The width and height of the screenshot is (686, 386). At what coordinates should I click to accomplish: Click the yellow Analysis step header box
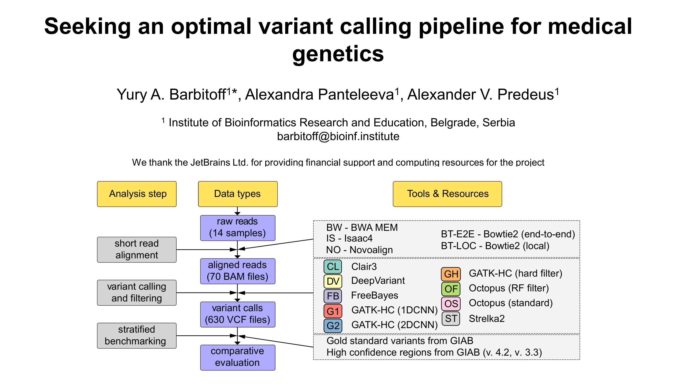pyautogui.click(x=137, y=194)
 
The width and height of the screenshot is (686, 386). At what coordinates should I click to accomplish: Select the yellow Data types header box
pyautogui.click(x=238, y=194)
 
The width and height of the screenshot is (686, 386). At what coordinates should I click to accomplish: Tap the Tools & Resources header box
pyautogui.click(x=447, y=194)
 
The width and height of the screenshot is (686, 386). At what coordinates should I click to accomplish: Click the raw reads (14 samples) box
pyautogui.click(x=238, y=228)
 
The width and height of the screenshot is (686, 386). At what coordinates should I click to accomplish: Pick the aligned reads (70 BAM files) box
pyautogui.click(x=238, y=271)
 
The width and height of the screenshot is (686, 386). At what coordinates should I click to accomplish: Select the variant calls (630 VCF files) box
pyautogui.click(x=238, y=314)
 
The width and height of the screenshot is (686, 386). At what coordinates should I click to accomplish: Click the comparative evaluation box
pyautogui.click(x=238, y=358)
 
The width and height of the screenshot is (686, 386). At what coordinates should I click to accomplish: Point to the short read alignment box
pyautogui.click(x=137, y=250)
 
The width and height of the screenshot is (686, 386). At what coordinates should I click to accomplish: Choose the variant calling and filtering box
pyautogui.click(x=137, y=293)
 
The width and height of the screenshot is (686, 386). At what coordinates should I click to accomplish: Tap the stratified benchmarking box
pyautogui.click(x=137, y=336)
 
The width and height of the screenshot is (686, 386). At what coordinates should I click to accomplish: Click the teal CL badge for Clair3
pyautogui.click(x=333, y=267)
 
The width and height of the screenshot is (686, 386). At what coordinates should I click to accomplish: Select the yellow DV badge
pyautogui.click(x=333, y=282)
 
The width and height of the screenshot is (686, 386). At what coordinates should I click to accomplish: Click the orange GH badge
pyautogui.click(x=451, y=274)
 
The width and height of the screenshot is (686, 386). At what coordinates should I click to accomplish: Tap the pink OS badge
pyautogui.click(x=451, y=304)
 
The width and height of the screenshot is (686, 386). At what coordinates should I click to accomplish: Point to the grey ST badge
pyautogui.click(x=451, y=318)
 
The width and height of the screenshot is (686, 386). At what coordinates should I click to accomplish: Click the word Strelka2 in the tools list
pyautogui.click(x=487, y=318)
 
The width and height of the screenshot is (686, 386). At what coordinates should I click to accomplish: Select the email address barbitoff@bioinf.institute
pyautogui.click(x=338, y=137)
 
